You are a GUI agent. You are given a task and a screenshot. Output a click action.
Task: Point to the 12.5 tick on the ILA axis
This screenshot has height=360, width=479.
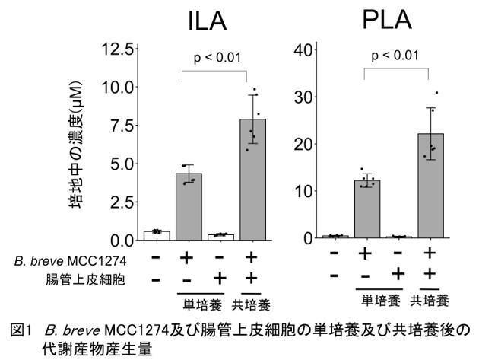coord(120,49)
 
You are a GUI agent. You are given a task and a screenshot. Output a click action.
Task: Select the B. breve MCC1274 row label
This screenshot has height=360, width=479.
coord(84,260)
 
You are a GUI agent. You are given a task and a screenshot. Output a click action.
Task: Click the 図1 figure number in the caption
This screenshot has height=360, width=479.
coord(21,330)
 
